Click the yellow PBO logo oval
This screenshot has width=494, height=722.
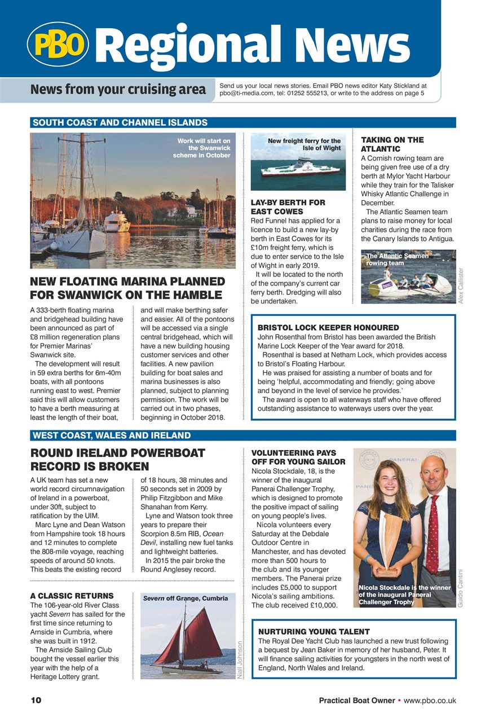tap(58, 45)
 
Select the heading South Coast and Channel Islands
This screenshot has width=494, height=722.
tap(120, 122)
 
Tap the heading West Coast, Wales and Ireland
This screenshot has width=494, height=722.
tap(111, 435)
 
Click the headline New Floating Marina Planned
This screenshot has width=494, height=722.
tap(127, 288)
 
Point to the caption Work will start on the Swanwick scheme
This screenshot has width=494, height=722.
tap(202, 148)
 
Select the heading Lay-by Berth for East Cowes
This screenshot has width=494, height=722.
tap(288, 206)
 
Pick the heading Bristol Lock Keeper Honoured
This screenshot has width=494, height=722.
tap(328, 328)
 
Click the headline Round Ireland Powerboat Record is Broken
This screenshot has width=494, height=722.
tap(117, 460)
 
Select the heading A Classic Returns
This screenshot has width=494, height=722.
tap(72, 596)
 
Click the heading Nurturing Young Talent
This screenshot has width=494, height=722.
tap(314, 632)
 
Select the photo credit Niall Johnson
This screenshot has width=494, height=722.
tap(240, 660)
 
